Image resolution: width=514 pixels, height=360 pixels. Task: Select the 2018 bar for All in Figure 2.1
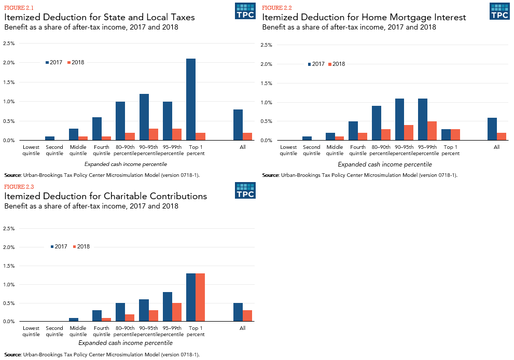(247, 136)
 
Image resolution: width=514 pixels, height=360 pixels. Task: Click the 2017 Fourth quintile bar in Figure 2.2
(353, 131)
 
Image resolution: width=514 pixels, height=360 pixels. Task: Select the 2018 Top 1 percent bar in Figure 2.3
(200, 297)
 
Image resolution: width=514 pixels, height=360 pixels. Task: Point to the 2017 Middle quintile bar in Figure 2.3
(73, 320)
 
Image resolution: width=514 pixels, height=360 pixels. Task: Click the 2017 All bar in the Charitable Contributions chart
(238, 312)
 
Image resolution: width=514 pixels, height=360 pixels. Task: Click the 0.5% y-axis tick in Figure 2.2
(266, 121)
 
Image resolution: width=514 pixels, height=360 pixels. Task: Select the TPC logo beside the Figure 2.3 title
(245, 190)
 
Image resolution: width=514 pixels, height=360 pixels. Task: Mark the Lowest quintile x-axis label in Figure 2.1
(31, 150)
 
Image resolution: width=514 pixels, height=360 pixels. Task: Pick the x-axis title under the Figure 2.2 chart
(385, 164)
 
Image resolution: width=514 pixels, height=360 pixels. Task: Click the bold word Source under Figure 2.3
(12, 355)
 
